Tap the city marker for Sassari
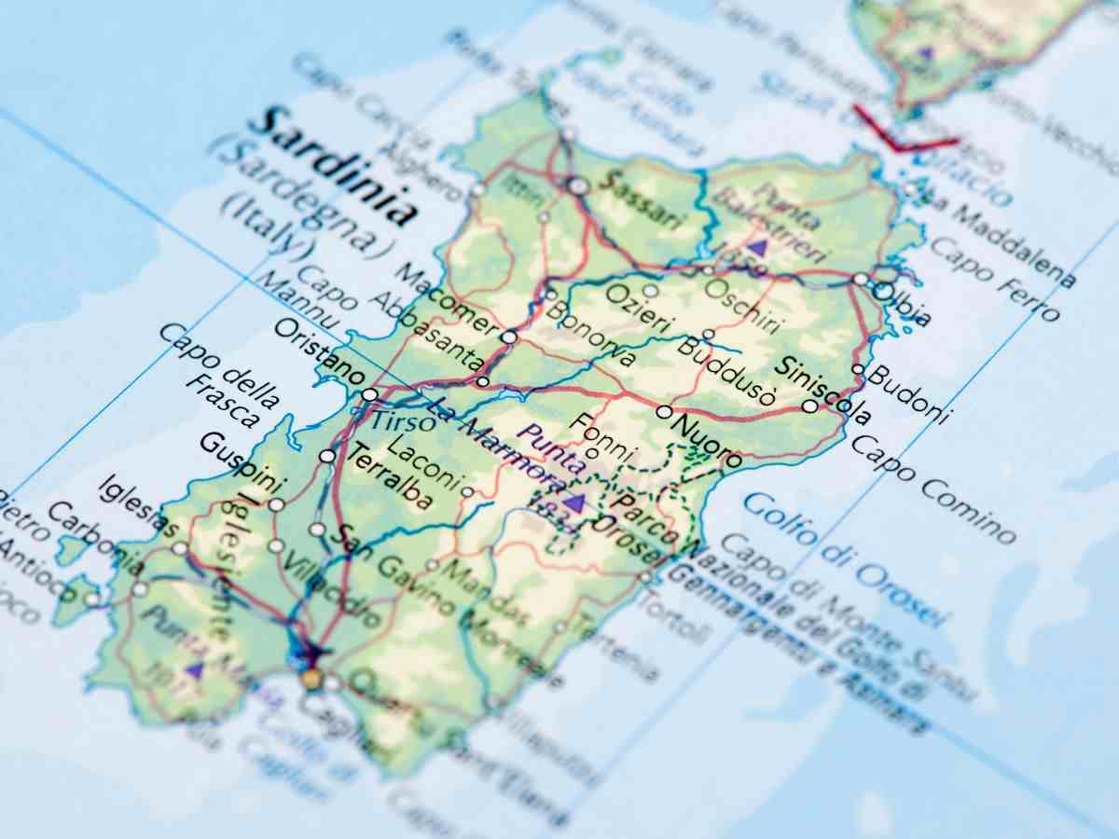[578, 186]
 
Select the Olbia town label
[905, 304]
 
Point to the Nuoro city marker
[664, 411]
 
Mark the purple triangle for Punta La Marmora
[575, 502]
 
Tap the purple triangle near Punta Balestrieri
[757, 247]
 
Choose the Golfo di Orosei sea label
[845, 559]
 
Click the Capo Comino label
[932, 488]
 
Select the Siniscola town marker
[809, 406]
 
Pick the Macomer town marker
[508, 337]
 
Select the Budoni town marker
[857, 369]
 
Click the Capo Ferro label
[994, 278]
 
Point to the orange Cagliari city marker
[311, 679]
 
